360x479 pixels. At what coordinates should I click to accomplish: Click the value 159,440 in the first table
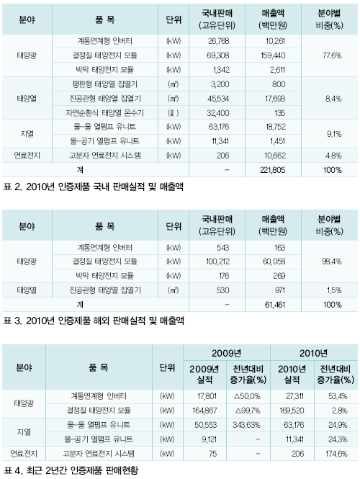point(273,55)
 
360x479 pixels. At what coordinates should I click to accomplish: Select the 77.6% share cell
point(332,55)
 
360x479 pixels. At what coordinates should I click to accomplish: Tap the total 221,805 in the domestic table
point(272,170)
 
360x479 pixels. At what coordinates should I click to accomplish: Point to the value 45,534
point(217,99)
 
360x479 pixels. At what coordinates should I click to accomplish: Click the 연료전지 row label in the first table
point(27,156)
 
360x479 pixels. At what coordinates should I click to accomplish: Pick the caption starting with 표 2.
point(93,187)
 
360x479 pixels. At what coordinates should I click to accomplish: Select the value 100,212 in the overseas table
point(217,261)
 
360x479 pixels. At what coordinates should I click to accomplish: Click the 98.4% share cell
point(332,261)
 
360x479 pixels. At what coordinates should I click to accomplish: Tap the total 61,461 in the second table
point(275,305)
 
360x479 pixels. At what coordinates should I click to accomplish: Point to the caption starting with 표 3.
point(94,321)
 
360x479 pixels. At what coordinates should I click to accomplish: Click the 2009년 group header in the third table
point(226,353)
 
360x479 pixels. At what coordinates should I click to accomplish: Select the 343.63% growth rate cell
point(246,425)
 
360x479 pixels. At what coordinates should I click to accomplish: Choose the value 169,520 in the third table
point(292,411)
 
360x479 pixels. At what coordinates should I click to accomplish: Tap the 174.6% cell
point(336,454)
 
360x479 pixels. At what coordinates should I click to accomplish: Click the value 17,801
point(207,396)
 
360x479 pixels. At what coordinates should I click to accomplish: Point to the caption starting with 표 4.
point(71,470)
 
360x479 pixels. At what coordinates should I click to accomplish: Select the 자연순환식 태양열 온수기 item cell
point(104,113)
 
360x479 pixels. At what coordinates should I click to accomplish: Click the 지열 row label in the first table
point(27,134)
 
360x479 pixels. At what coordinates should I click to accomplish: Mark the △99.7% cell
point(248,411)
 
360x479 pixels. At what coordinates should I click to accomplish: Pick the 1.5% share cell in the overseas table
point(334,290)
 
